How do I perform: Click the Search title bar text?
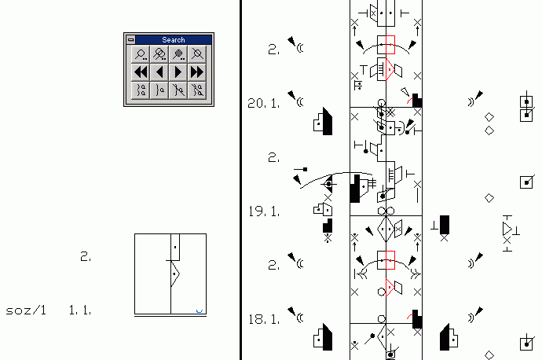[x=174, y=40]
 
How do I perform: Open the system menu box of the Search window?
[x=130, y=40]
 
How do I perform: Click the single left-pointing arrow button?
[x=159, y=72]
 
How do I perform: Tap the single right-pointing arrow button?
[x=178, y=72]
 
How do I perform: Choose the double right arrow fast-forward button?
[x=197, y=72]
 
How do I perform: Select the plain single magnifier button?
[x=141, y=54]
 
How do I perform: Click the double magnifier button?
[x=159, y=54]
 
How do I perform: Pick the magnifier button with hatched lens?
[x=178, y=54]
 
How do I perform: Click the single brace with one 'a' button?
[x=159, y=90]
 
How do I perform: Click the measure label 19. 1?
[x=264, y=211]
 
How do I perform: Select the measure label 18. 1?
[x=264, y=319]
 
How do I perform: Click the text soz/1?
[x=26, y=310]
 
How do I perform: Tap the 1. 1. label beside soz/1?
[x=80, y=310]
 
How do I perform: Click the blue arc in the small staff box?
[x=200, y=311]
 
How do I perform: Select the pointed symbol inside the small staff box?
[x=175, y=274]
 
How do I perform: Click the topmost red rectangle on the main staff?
[x=390, y=45]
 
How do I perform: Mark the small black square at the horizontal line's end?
[x=305, y=170]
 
